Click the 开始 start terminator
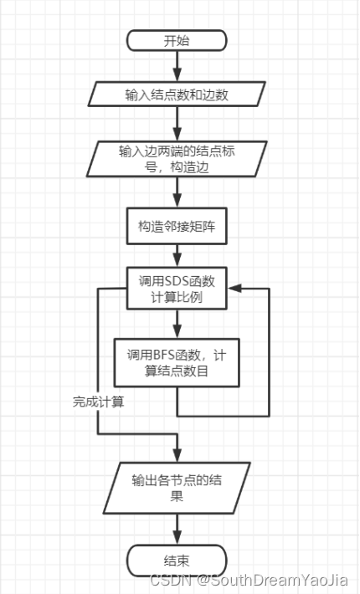coord(177,40)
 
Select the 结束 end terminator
coord(177,559)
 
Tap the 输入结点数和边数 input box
coord(177,95)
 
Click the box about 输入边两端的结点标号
coord(177,158)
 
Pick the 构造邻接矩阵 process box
coord(177,227)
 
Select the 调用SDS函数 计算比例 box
coord(177,289)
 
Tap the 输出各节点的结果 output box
coord(177,489)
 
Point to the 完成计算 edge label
coord(99,402)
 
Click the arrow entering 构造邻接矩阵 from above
coord(177,195)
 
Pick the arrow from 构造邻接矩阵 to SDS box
coord(177,256)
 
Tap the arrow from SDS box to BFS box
coord(177,323)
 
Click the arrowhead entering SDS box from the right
coord(235,289)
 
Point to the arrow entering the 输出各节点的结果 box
coord(177,450)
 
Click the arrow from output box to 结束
coord(177,529)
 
